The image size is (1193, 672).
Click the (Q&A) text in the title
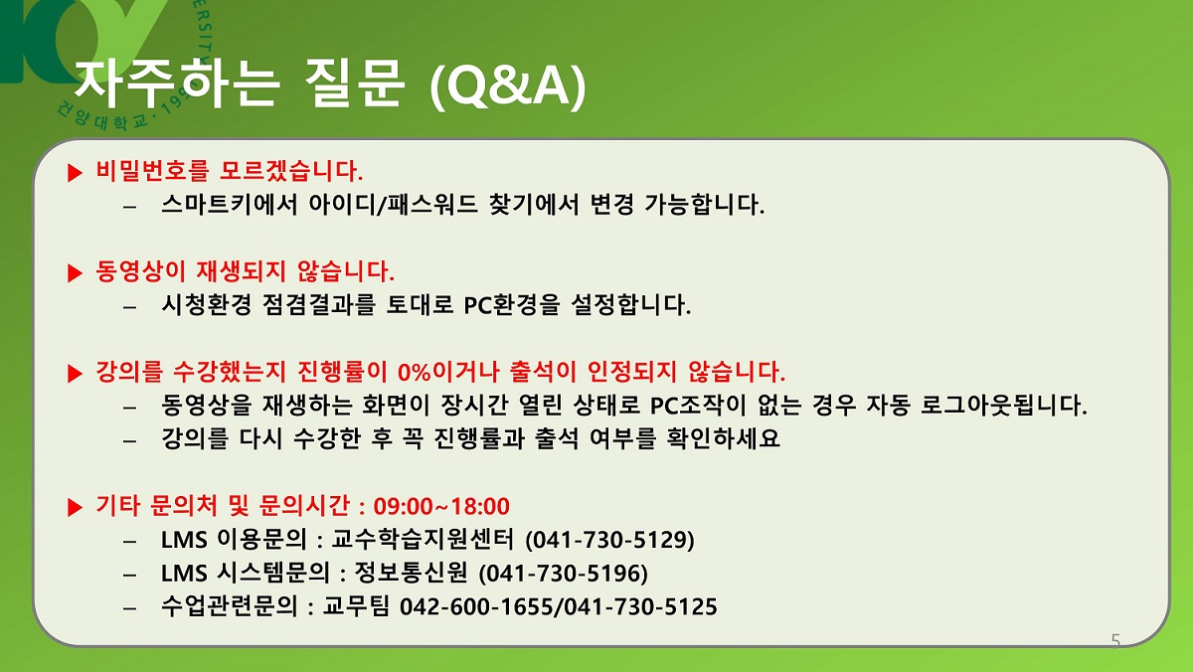[508, 86]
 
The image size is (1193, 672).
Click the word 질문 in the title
[355, 84]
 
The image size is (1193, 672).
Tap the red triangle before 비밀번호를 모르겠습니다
[76, 173]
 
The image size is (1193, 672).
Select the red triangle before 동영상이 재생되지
[76, 273]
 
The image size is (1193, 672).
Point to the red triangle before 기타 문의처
[76, 507]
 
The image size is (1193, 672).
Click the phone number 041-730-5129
[609, 540]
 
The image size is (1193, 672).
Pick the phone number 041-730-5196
[564, 574]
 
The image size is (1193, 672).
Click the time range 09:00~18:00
[441, 506]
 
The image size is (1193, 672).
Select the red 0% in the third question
[414, 372]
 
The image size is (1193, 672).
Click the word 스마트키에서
[230, 204]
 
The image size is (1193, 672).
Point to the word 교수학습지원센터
[423, 540]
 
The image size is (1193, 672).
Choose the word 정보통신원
[412, 573]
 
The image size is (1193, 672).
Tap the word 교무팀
[356, 606]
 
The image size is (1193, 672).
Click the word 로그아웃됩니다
[1004, 406]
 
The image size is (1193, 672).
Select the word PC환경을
[512, 305]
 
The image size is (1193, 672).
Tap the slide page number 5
[1115, 640]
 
